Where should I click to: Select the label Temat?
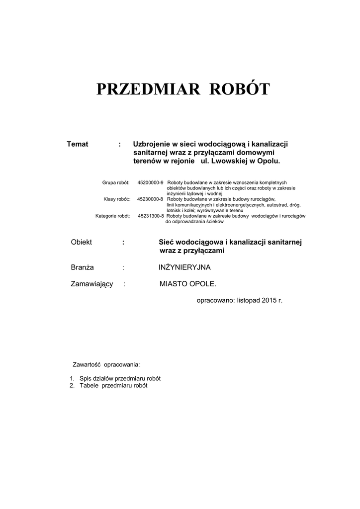(78, 144)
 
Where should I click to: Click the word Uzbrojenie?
(152, 144)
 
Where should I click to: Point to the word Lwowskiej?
(229, 162)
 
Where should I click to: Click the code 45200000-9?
(150, 182)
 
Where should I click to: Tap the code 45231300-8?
(150, 216)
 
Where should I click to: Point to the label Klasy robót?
(117, 199)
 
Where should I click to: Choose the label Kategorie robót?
(113, 216)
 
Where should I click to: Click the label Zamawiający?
(92, 284)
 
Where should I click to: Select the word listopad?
(248, 301)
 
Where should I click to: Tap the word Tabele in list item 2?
(89, 386)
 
